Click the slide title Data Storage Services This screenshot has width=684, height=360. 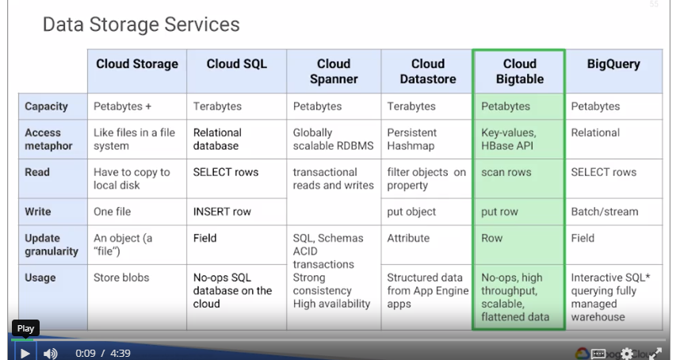coord(141,25)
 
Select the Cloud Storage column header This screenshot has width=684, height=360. coord(137,64)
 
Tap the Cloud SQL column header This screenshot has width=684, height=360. coord(236,64)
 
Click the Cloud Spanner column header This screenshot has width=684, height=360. coord(333,71)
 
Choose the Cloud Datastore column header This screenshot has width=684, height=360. coord(427,71)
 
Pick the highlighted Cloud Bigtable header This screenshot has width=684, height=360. coord(519,71)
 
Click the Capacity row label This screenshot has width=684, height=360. coord(46,106)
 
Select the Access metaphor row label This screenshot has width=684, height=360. coord(48,140)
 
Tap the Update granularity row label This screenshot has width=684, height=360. coord(52,244)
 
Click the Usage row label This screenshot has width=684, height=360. coord(40,278)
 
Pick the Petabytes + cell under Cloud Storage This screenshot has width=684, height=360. coord(121,106)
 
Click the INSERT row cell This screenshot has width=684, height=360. coord(223,212)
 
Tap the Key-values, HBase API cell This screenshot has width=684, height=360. coord(509,140)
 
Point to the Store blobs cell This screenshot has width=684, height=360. coord(121,278)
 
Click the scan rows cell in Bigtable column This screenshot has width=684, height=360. coord(506,172)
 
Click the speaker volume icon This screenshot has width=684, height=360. coord(50,353)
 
